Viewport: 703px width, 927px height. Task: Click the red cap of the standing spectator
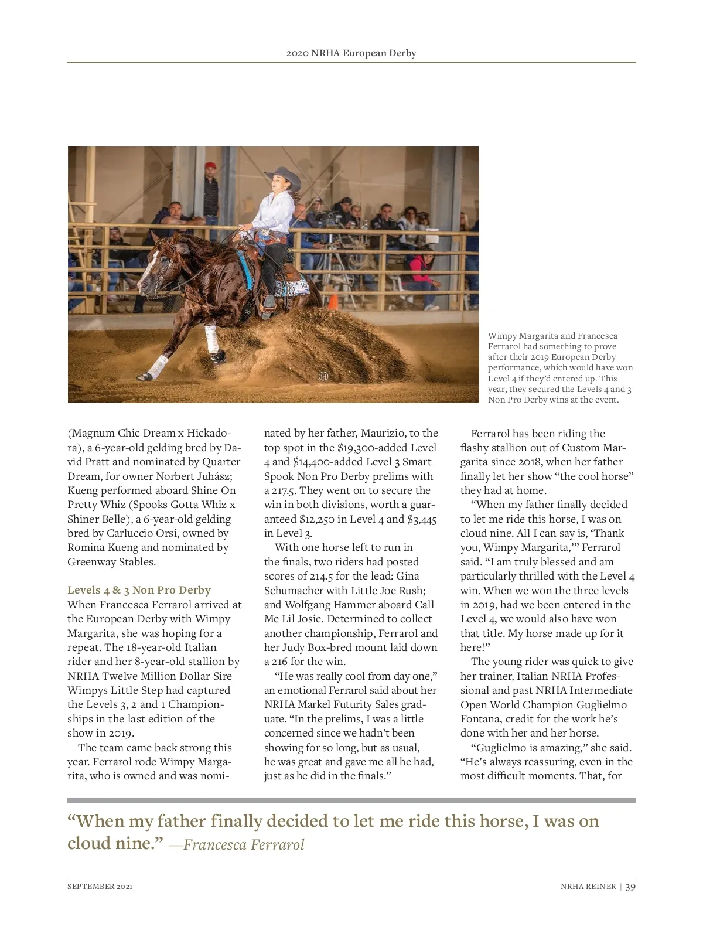coord(210,166)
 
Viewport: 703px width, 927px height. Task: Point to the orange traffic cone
coord(333,301)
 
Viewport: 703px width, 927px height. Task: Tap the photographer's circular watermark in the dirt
coord(323,376)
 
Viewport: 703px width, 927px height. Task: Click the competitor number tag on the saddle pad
coord(303,287)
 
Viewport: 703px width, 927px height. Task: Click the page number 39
coord(630,887)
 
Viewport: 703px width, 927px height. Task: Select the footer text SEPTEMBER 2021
coord(100,887)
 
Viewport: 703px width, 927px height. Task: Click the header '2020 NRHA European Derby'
coord(351,53)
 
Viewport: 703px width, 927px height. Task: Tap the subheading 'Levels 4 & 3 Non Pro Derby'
coord(139,590)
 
